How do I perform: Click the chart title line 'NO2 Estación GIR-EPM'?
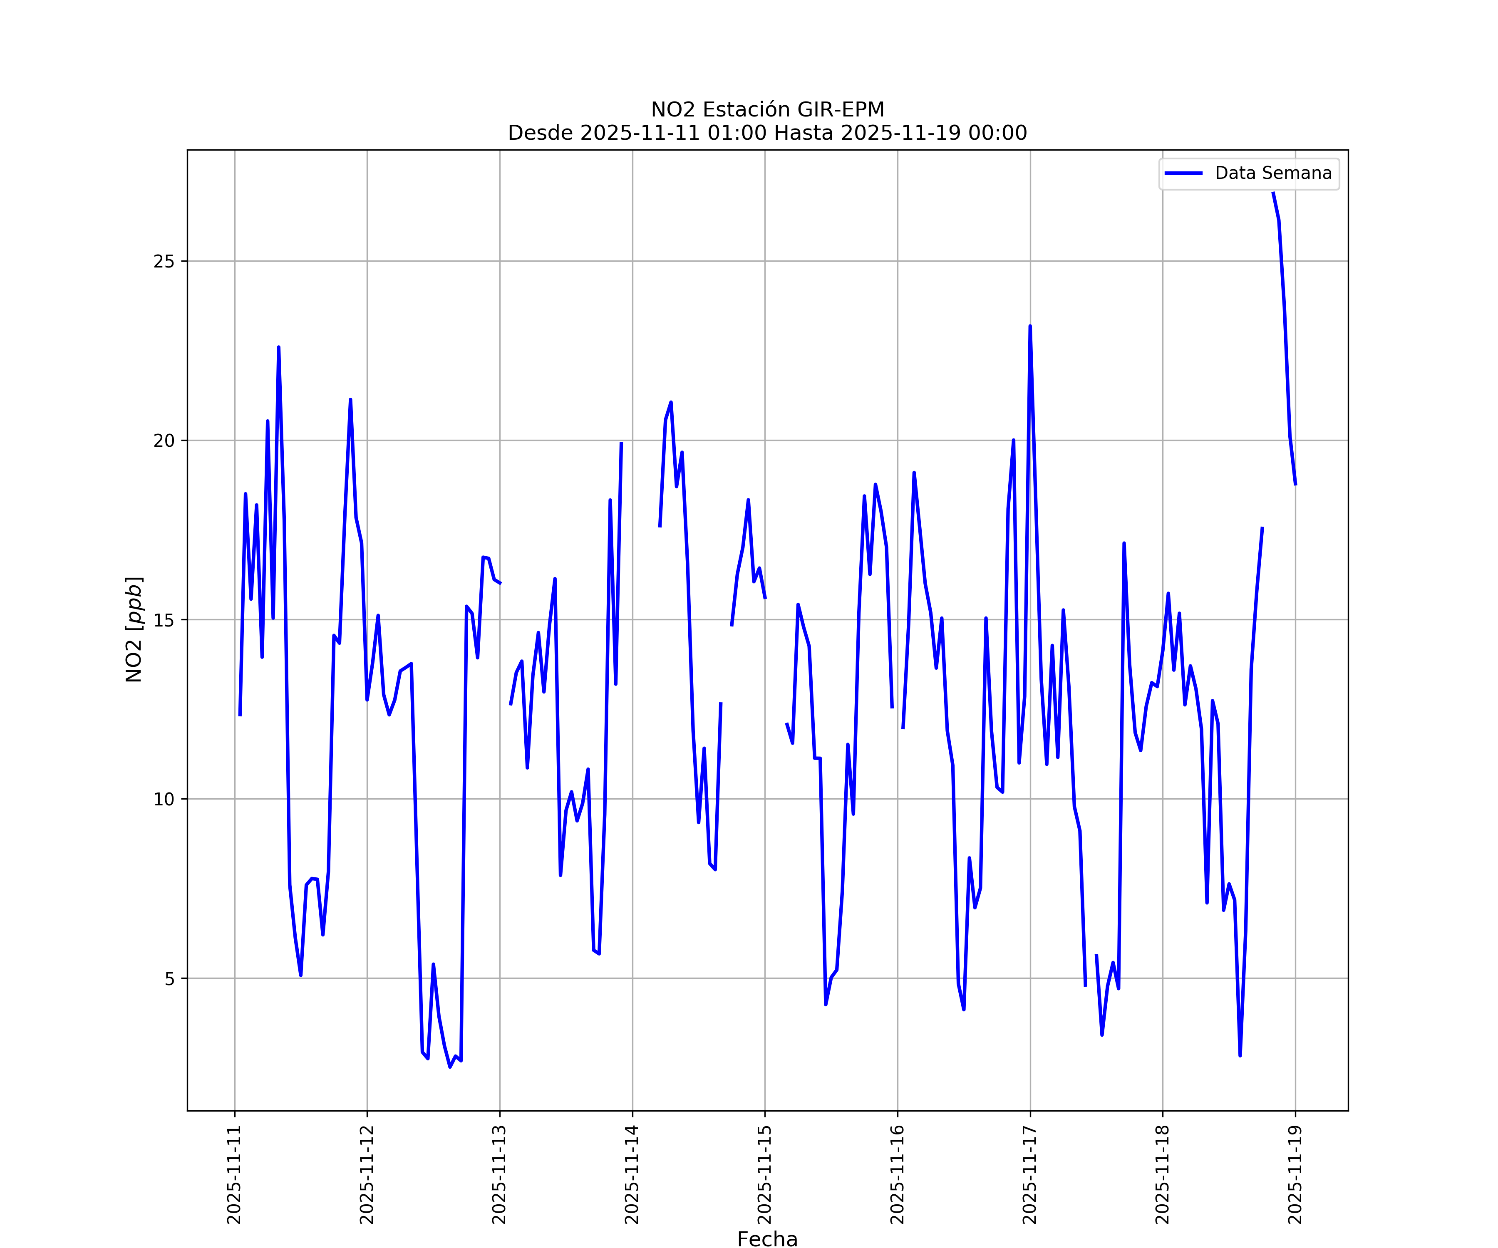[768, 110]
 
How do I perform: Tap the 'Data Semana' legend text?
[1272, 173]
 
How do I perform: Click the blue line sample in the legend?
[1183, 173]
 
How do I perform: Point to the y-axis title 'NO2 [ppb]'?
[134, 629]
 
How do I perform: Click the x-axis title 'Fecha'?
[768, 1239]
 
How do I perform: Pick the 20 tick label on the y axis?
[164, 441]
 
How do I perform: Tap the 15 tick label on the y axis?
[164, 620]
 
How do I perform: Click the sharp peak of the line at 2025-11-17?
[1030, 327]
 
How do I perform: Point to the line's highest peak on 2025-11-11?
[279, 347]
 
